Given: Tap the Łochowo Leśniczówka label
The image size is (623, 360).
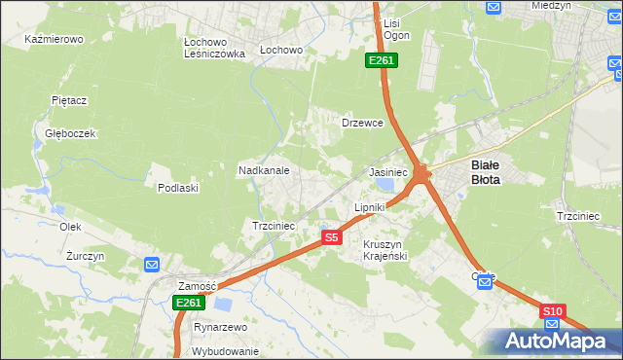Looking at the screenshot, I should (214, 48).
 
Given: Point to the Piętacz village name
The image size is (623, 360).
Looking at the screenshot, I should (70, 100).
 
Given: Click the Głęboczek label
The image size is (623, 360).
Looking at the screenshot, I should (63, 133).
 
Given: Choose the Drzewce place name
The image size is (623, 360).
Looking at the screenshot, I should (362, 124).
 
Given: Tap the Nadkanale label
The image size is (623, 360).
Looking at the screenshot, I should (264, 170).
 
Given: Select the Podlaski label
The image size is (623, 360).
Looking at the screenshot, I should (178, 188).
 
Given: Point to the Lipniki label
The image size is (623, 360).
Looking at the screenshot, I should (370, 207).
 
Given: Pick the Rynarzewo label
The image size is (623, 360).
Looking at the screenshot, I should (220, 328).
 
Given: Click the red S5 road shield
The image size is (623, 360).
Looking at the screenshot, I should (332, 237).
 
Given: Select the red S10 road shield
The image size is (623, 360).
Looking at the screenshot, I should (553, 311).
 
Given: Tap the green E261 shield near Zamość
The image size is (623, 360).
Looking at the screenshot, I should (190, 304).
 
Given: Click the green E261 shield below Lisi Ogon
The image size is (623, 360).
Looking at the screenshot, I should (381, 61).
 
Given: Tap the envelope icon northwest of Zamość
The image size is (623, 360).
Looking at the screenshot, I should (151, 264).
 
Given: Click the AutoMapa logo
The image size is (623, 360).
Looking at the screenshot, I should (553, 341).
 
